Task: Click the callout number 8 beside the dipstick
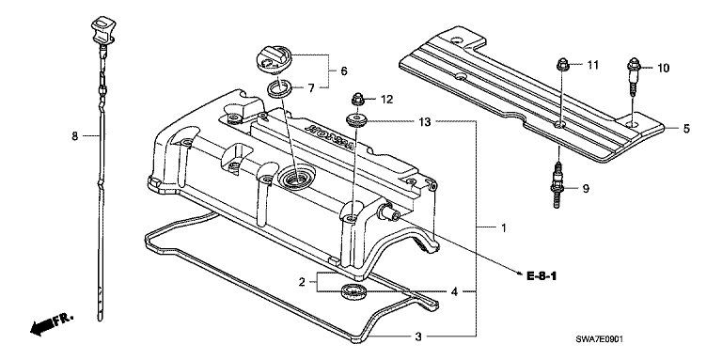75,136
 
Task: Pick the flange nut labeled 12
358,99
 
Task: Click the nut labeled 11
563,66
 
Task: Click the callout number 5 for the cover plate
686,129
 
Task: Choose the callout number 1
503,227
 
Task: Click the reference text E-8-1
541,276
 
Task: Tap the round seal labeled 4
353,291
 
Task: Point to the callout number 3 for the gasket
417,337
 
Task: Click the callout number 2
302,282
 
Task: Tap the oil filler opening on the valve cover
295,178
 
